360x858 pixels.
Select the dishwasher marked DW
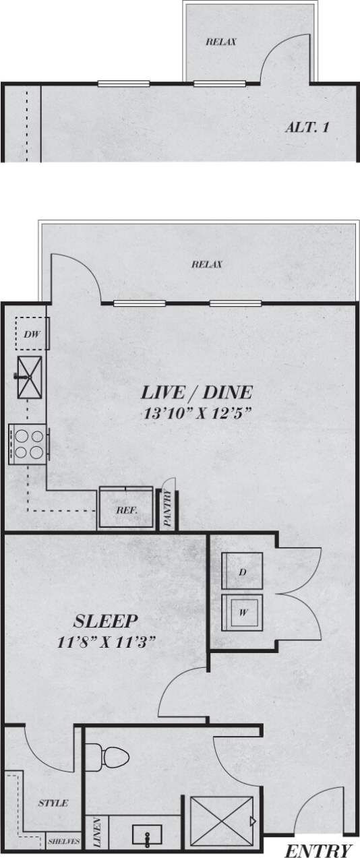pos(28,334)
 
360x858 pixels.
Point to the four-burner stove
pos(27,445)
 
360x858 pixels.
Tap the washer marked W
pos(241,613)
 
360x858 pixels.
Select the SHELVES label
pos(63,842)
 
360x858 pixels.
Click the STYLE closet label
pos(53,803)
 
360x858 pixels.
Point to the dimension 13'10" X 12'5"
pos(198,414)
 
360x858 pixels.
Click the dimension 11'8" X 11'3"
pos(107,642)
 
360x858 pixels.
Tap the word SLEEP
pos(106,620)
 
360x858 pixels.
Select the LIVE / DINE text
pos(196,392)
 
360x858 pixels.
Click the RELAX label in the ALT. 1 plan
pos(220,42)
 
